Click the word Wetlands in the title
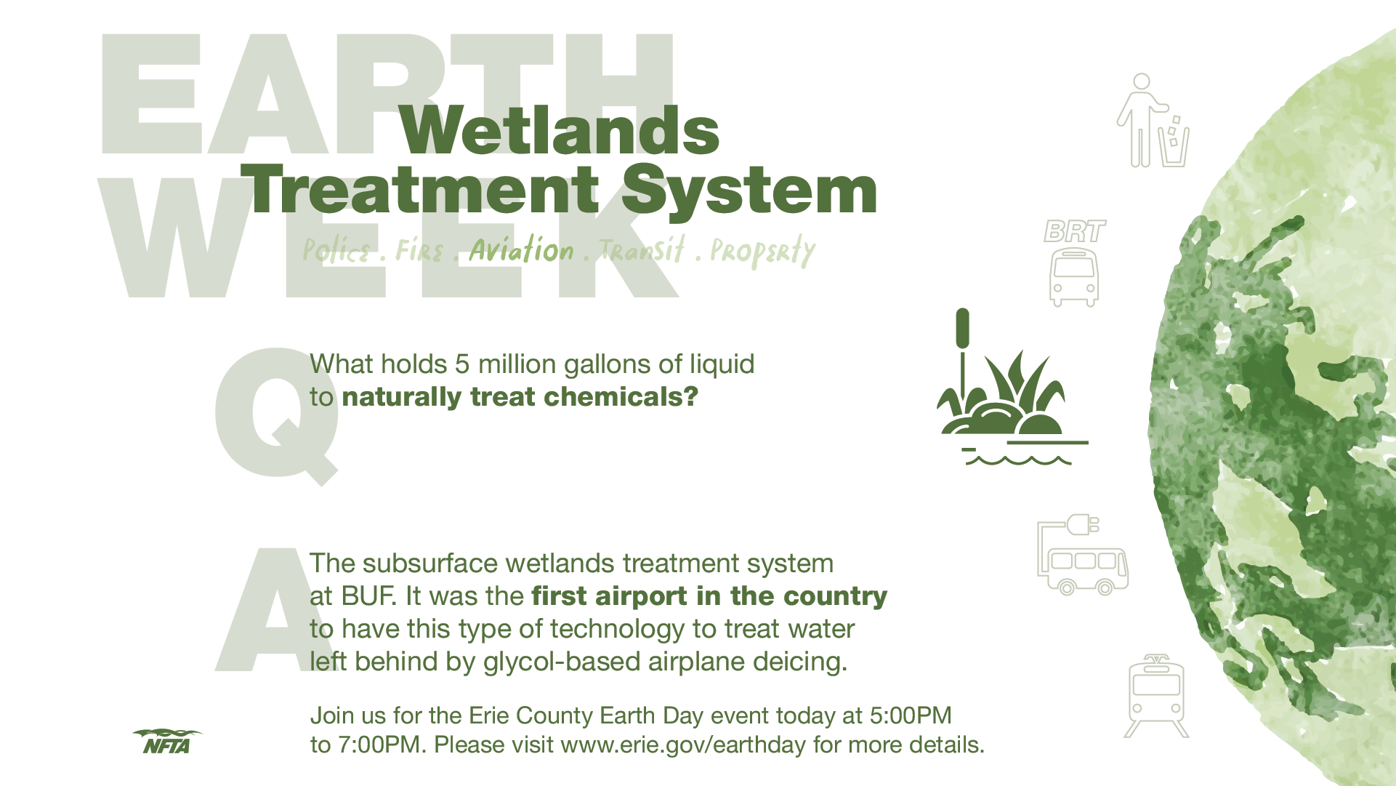tap(560, 130)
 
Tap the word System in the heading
tap(749, 191)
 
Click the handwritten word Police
tap(336, 251)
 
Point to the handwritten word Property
tap(762, 251)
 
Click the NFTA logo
tap(167, 741)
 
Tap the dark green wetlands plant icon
tap(1012, 387)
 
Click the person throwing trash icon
tap(1153, 120)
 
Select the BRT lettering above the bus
tap(1075, 231)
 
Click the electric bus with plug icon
tap(1083, 556)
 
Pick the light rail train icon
tap(1156, 696)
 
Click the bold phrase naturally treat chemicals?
tap(520, 397)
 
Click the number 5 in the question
tap(462, 364)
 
